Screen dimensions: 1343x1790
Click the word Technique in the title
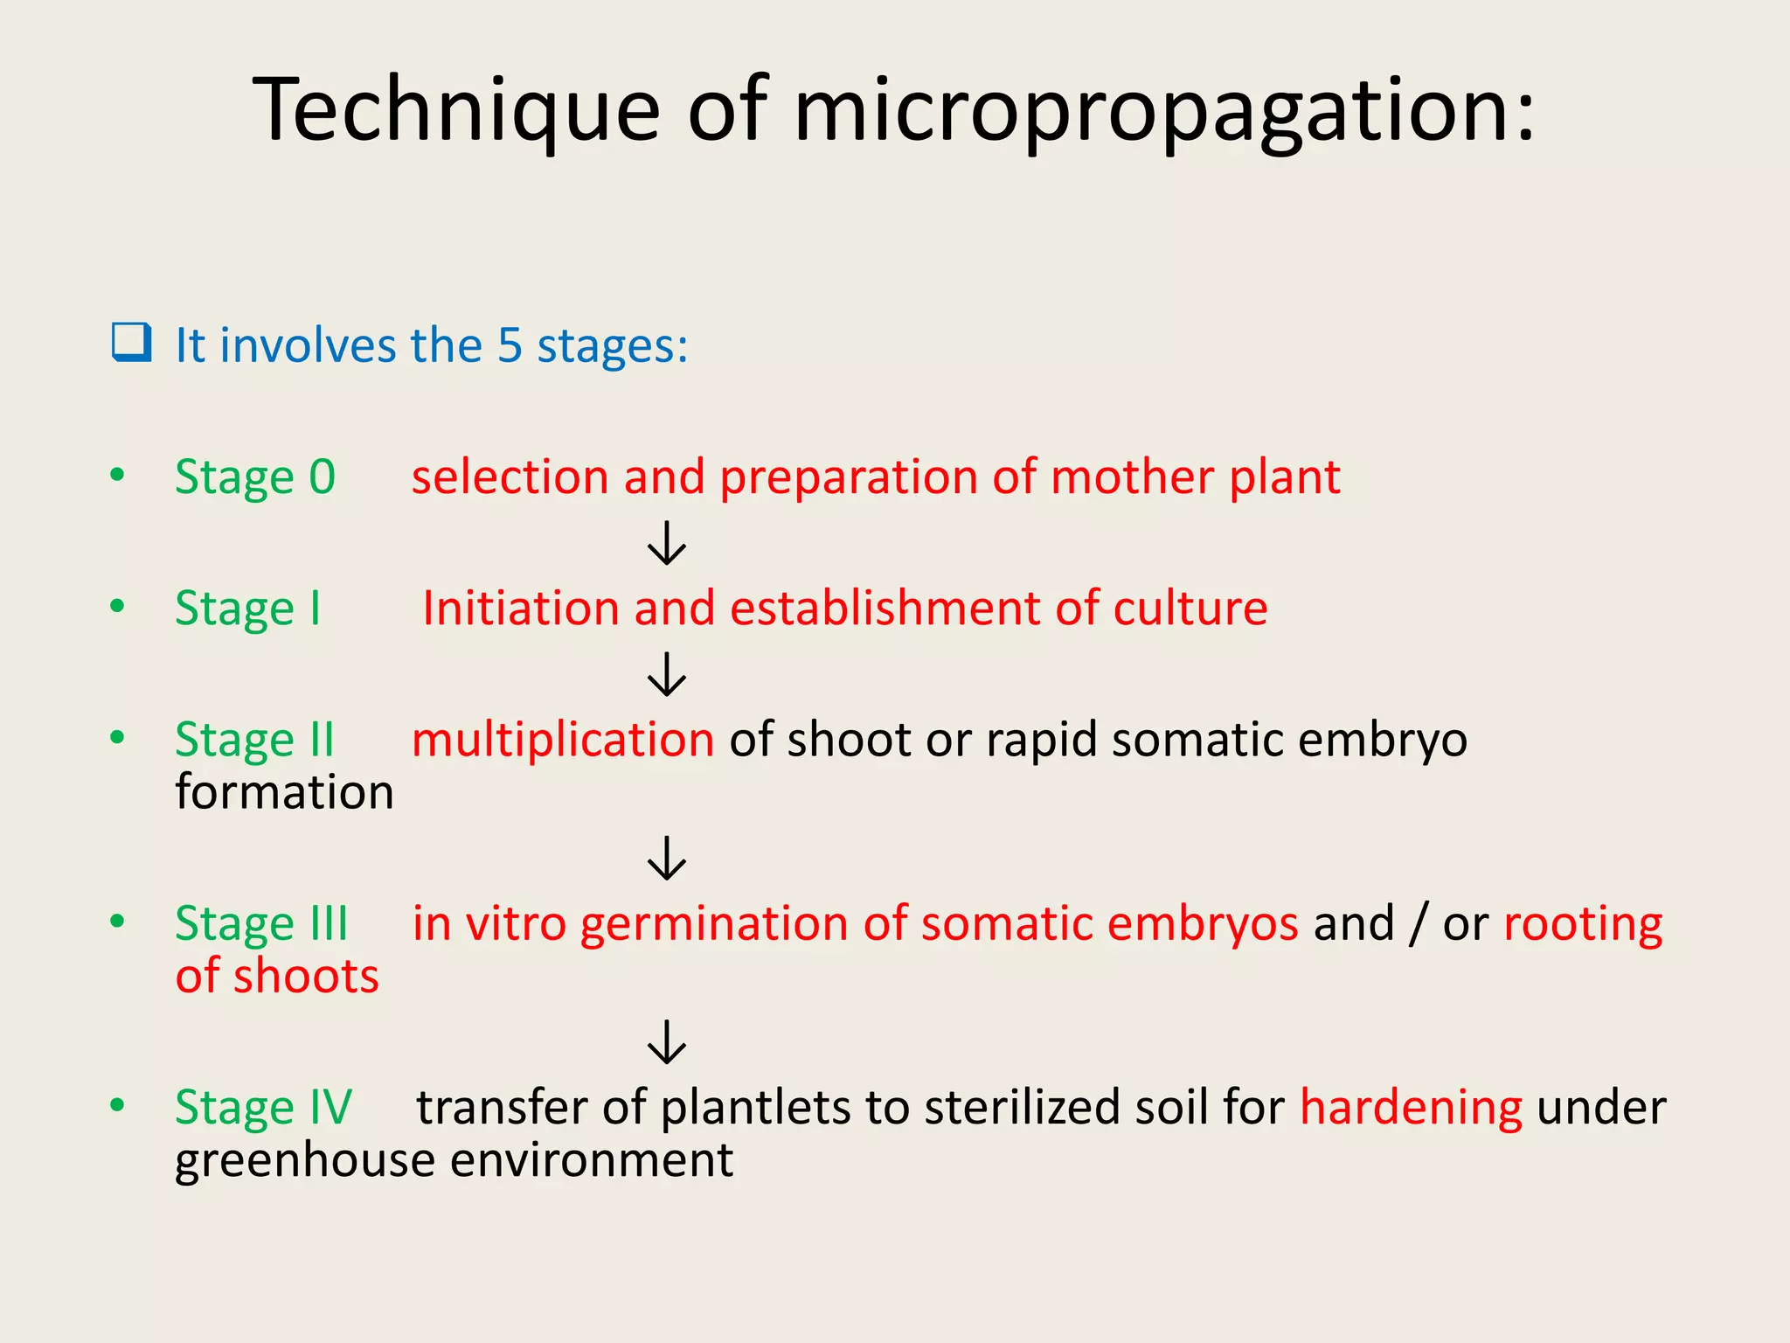click(x=455, y=110)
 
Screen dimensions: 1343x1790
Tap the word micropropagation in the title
click(x=1162, y=110)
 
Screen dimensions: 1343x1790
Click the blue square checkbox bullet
click(x=132, y=342)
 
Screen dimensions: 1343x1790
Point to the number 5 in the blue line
click(x=510, y=344)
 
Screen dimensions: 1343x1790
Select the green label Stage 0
click(x=254, y=477)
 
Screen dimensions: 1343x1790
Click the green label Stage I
click(x=248, y=609)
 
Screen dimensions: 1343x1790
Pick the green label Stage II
click(x=254, y=740)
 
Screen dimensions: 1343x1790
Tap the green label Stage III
click(x=261, y=923)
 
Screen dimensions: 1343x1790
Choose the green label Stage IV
click(x=263, y=1107)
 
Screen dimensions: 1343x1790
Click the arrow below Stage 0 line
click(x=667, y=543)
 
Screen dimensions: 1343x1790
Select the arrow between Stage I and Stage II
click(x=667, y=674)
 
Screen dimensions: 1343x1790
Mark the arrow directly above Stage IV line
click(x=667, y=1041)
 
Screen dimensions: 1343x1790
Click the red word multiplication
click(x=563, y=740)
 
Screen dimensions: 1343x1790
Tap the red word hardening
click(x=1411, y=1107)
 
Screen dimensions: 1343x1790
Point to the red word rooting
click(x=1582, y=923)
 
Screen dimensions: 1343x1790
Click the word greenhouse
click(x=305, y=1161)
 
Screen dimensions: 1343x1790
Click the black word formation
click(x=284, y=792)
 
